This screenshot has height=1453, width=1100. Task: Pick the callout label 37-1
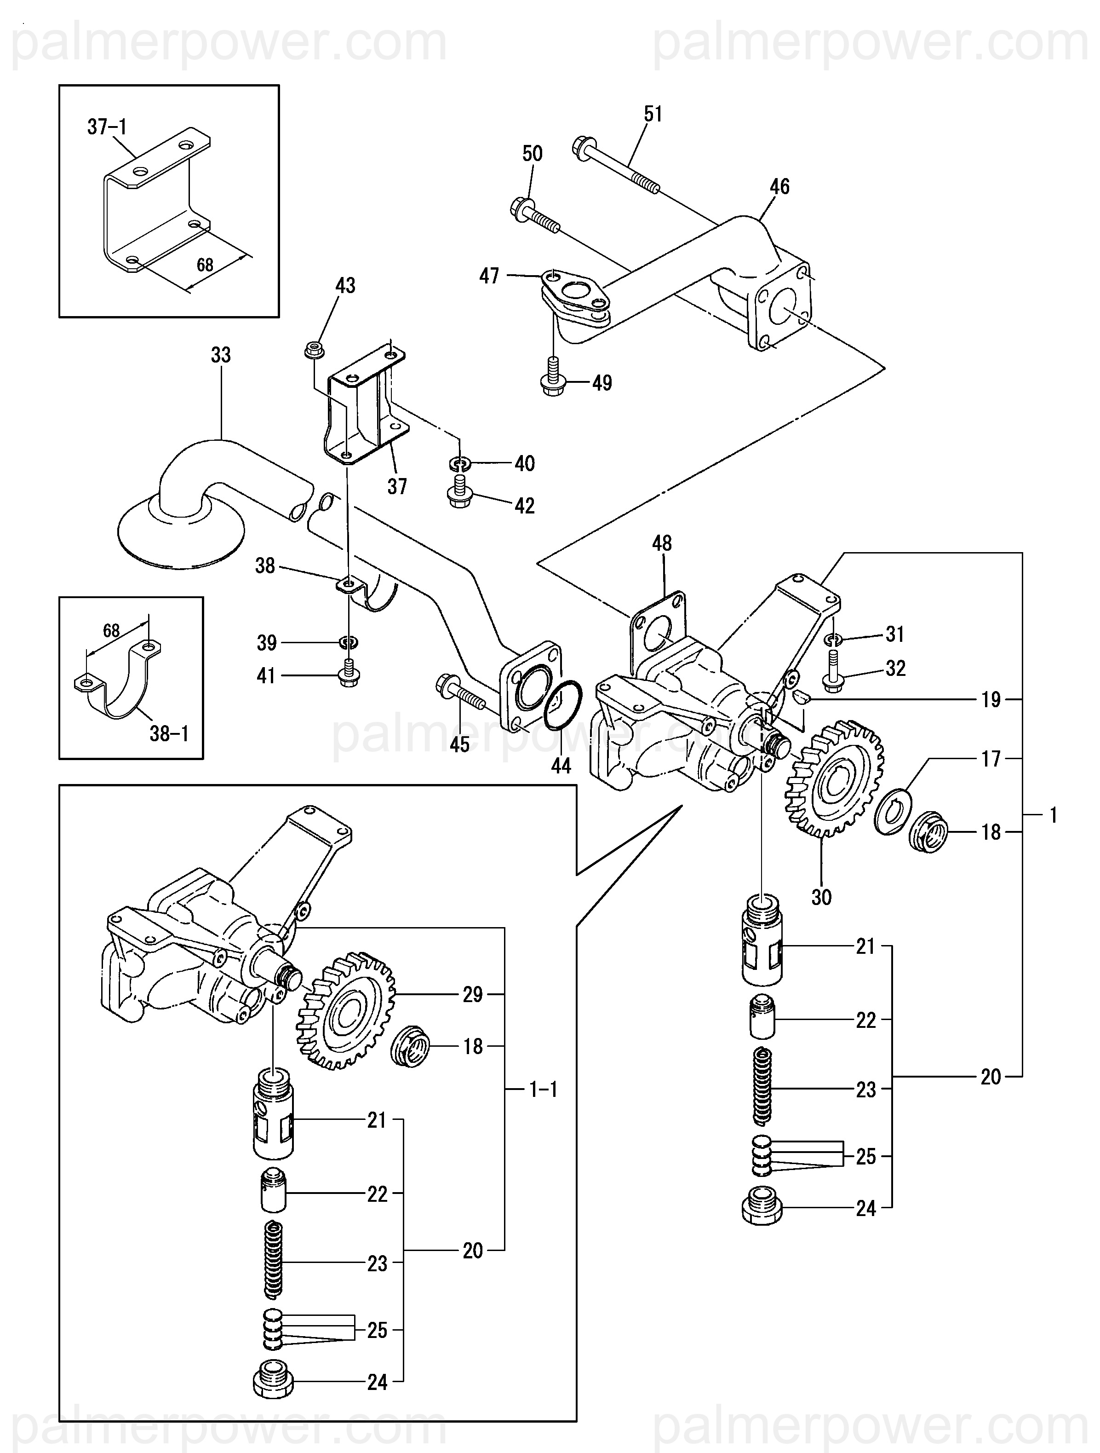coord(107,127)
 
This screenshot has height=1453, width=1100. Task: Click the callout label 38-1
coord(169,733)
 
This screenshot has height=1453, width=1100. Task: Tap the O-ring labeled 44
coord(563,705)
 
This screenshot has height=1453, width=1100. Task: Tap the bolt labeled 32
coord(835,670)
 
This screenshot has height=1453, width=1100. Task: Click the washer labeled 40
coord(461,464)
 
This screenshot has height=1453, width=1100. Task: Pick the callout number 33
coord(221,355)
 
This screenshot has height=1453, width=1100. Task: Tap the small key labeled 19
coord(801,699)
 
